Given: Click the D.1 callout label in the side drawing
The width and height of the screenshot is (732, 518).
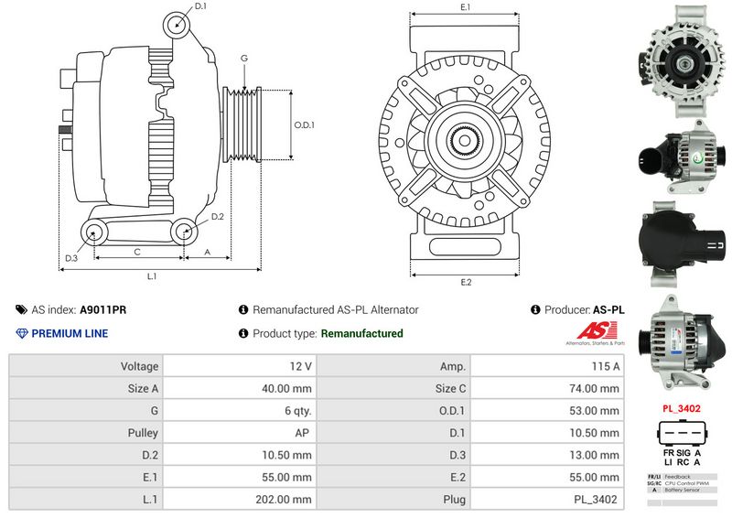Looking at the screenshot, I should [200, 6].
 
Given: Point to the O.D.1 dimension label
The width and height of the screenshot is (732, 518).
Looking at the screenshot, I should [305, 125].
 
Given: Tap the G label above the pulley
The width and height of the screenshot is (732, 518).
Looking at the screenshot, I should [244, 59].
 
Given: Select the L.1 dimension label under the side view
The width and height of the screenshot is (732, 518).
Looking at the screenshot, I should [152, 276].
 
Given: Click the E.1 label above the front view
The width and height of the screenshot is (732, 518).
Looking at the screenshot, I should [465, 7].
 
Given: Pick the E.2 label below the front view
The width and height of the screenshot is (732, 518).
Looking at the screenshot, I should [466, 281].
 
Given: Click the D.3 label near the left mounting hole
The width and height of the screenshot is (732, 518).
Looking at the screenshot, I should [70, 258].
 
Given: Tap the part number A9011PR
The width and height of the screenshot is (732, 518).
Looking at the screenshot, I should [102, 310].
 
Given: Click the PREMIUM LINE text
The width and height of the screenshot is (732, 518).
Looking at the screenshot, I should [70, 333].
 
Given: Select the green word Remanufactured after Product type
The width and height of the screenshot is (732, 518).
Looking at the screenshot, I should [361, 333].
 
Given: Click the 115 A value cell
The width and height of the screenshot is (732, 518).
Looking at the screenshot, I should [603, 366].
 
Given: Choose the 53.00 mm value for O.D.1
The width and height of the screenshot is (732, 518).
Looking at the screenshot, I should [596, 411].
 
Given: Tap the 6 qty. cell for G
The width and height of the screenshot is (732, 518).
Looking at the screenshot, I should [296, 411].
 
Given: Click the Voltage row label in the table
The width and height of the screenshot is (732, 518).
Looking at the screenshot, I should [139, 366].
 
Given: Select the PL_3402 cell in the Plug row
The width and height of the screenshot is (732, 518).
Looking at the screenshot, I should [596, 500].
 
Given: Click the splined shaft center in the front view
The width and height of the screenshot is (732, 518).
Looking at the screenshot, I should [467, 142].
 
